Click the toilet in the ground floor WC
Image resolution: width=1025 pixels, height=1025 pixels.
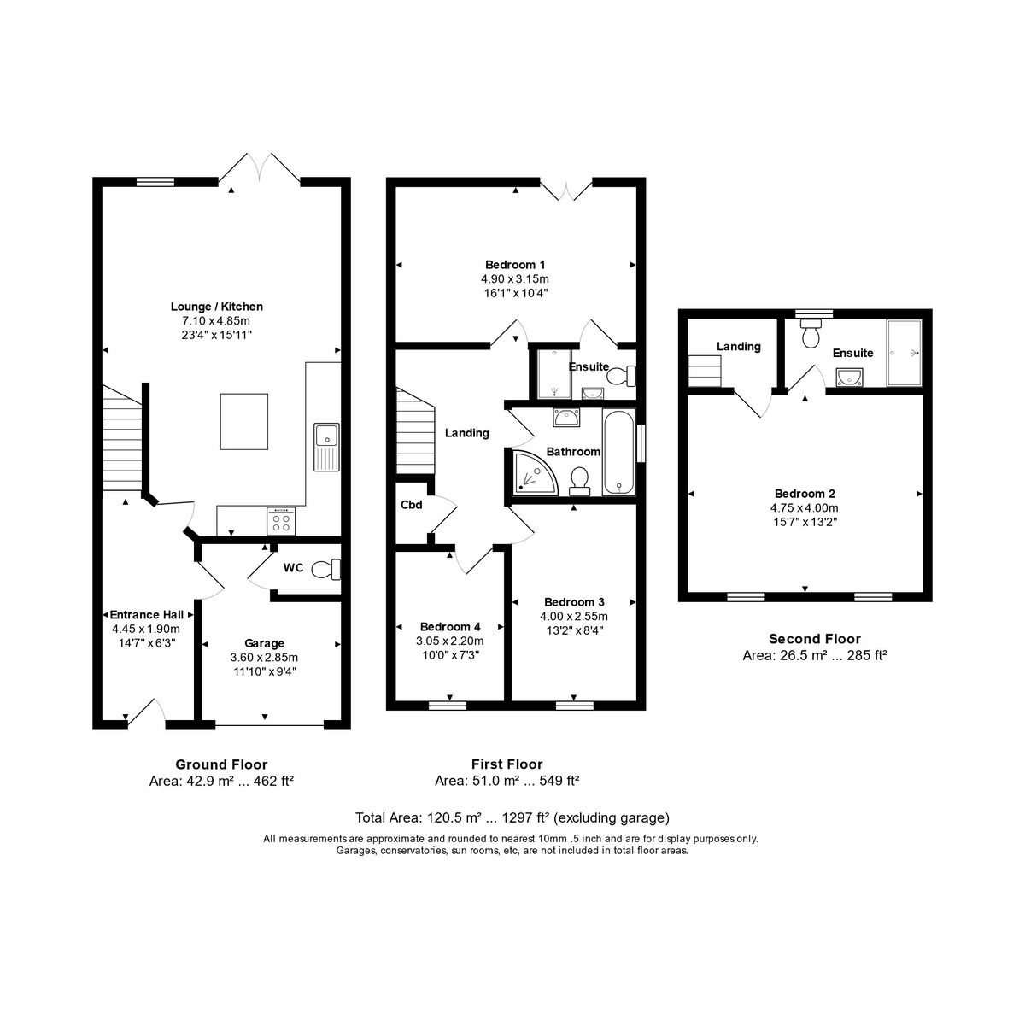326,569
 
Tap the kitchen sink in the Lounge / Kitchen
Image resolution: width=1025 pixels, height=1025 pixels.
326,447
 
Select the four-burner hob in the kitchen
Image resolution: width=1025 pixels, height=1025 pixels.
281,521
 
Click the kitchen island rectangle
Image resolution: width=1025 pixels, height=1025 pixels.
244,422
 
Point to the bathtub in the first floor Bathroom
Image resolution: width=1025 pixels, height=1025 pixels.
618,452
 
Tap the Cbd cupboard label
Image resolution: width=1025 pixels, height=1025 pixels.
411,505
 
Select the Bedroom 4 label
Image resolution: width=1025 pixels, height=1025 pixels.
450,627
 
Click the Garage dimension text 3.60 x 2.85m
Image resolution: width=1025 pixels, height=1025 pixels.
264,658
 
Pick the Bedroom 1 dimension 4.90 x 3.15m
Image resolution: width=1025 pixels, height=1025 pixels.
515,278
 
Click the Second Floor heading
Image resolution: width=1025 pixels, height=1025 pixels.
814,639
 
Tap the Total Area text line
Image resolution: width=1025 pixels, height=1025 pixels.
512,817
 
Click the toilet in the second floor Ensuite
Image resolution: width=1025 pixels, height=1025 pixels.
811,333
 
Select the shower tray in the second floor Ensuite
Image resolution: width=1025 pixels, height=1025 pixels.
904,353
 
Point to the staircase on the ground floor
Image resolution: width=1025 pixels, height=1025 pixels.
122,438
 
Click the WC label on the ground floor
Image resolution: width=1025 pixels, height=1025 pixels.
293,568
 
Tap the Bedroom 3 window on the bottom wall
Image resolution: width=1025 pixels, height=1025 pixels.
575,706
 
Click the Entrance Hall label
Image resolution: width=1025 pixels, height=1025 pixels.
147,615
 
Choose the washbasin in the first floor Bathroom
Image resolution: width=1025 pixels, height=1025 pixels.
566,418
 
